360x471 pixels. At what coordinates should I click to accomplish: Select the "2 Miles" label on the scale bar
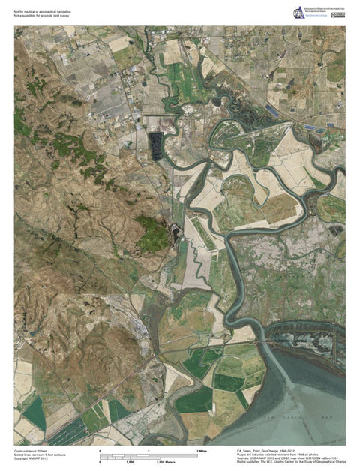[201, 450]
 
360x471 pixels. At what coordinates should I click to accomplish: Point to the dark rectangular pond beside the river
[157, 145]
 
